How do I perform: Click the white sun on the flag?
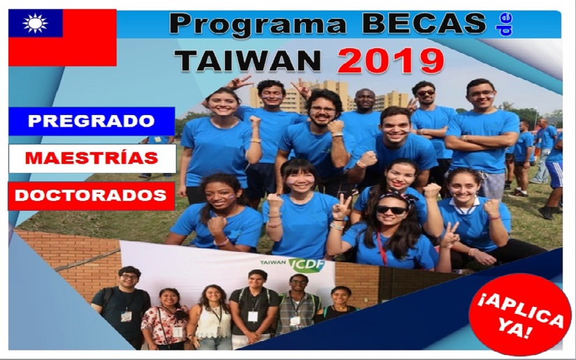pyautogui.click(x=36, y=23)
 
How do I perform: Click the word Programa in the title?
pyautogui.click(x=258, y=24)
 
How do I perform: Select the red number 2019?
pyautogui.click(x=390, y=61)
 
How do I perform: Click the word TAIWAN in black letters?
pyautogui.click(x=248, y=61)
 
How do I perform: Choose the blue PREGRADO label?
pyautogui.click(x=91, y=121)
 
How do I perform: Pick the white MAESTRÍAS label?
pyautogui.click(x=92, y=158)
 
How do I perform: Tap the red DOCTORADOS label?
pyautogui.click(x=91, y=195)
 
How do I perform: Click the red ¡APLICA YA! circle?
pyautogui.click(x=519, y=315)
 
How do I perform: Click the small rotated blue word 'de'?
pyautogui.click(x=503, y=25)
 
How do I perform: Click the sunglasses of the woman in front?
pyautogui.click(x=391, y=210)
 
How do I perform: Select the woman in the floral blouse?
pyautogui.click(x=165, y=320)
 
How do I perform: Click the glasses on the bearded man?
pyautogui.click(x=322, y=109)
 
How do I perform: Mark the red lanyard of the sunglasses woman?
pyautogui.click(x=381, y=248)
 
